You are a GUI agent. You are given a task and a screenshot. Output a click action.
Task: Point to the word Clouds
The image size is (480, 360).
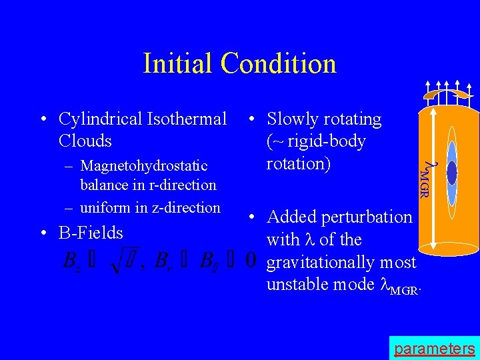point(85,141)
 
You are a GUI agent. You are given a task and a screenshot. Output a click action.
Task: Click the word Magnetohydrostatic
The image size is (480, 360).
point(143,165)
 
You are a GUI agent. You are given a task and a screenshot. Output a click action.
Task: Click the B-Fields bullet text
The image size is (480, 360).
point(91,233)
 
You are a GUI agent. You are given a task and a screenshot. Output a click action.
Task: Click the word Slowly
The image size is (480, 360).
point(293,119)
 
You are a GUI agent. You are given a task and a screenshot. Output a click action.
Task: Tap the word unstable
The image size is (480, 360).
point(299,285)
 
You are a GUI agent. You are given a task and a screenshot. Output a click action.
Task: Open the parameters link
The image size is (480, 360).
point(434,349)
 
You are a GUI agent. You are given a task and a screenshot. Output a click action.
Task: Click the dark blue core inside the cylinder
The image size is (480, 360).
point(452,173)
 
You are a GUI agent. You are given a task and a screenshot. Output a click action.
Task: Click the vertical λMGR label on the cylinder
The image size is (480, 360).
point(425,179)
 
